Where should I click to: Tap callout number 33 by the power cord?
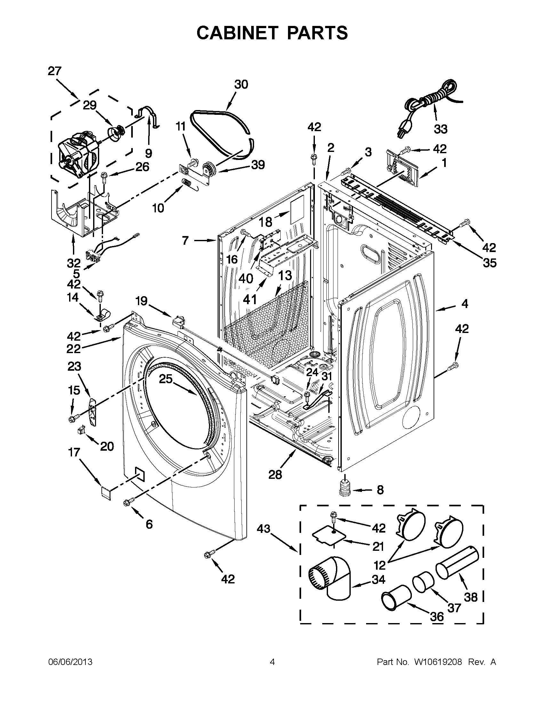(441, 129)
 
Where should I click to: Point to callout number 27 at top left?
(54, 71)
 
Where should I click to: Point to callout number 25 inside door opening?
(165, 379)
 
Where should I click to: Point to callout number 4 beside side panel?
(464, 304)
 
